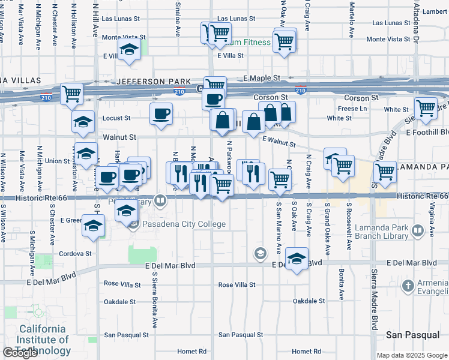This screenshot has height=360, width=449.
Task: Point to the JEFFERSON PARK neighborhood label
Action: click(x=154, y=81)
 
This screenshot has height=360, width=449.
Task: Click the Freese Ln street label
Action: click(x=352, y=109)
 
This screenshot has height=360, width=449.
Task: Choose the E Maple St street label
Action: click(x=262, y=78)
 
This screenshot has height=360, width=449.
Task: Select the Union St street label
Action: click(x=58, y=161)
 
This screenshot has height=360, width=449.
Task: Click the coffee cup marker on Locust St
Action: click(x=161, y=113)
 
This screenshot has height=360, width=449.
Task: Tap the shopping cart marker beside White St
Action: click(x=426, y=109)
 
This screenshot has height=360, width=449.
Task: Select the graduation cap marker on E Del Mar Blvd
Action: click(x=297, y=259)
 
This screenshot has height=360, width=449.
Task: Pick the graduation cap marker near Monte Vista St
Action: click(x=128, y=49)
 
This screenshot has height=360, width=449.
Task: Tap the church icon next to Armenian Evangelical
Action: click(x=409, y=284)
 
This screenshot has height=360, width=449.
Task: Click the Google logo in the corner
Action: click(x=20, y=353)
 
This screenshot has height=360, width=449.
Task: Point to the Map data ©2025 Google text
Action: click(x=412, y=355)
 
